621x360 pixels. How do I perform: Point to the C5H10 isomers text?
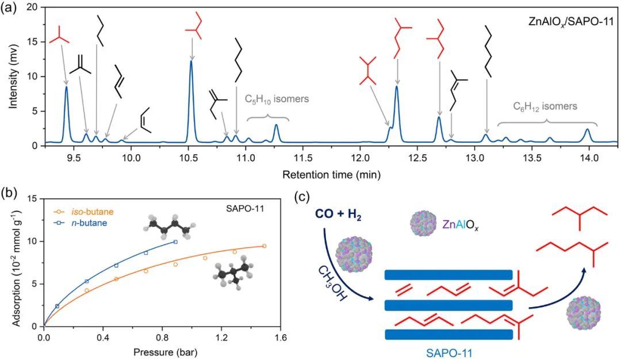tap(277, 99)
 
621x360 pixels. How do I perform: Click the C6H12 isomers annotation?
tap(545, 106)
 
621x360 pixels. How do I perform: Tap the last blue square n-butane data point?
tap(175, 242)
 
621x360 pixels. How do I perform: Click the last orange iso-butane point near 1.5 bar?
tap(264, 246)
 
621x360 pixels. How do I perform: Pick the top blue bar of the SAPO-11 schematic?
tap(448, 275)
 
